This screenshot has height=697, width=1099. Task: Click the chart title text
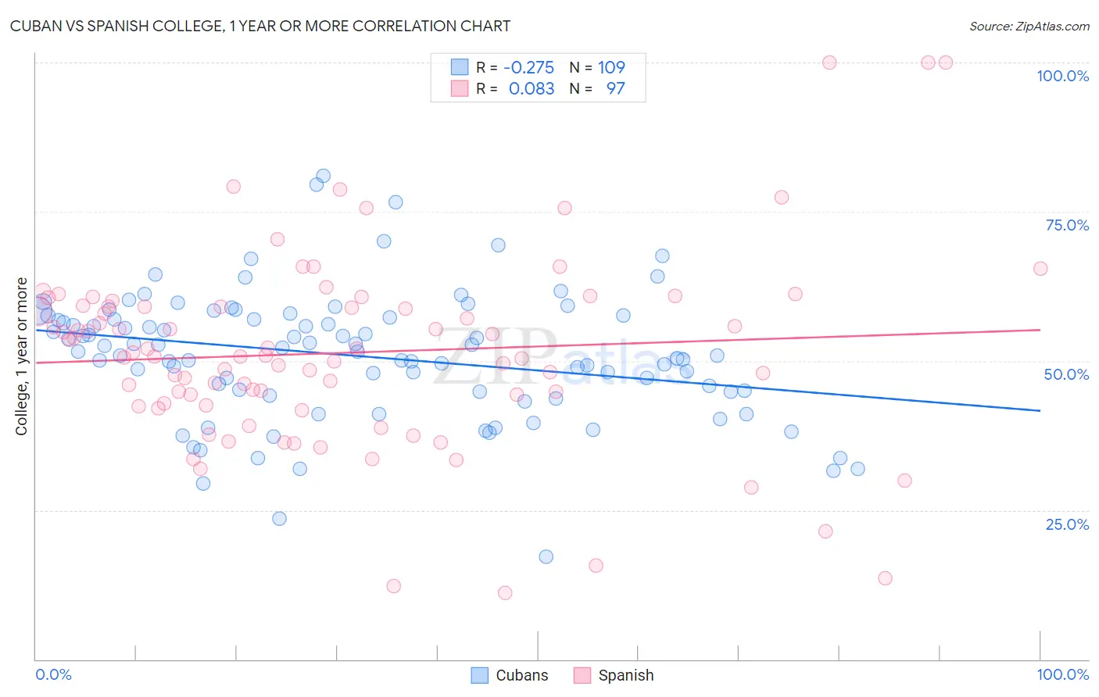coord(260,27)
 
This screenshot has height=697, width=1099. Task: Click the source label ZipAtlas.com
coord(1029,27)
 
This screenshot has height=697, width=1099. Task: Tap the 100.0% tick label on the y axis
coord(1062,76)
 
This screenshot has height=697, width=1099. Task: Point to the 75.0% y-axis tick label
coord(1067,225)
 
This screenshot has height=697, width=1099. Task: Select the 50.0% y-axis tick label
coord(1066,374)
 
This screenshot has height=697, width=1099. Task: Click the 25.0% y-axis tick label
coord(1067,524)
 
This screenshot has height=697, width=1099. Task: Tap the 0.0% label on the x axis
coord(53,674)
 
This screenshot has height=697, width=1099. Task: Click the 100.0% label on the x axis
coord(1062,674)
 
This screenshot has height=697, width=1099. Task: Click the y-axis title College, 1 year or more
coord(22,356)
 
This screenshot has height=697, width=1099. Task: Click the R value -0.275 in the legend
coord(528,68)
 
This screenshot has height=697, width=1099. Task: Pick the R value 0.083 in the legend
coord(532,89)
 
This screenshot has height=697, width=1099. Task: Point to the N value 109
coord(611,68)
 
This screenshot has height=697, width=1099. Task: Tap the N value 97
coord(615,89)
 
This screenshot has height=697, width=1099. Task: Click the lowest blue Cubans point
coord(546,556)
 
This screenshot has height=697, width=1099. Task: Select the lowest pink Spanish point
coord(505,593)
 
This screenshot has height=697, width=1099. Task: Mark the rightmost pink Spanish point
coord(1040,269)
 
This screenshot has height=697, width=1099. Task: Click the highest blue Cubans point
coord(323,176)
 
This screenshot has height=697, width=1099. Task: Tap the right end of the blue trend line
coord(1040,410)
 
